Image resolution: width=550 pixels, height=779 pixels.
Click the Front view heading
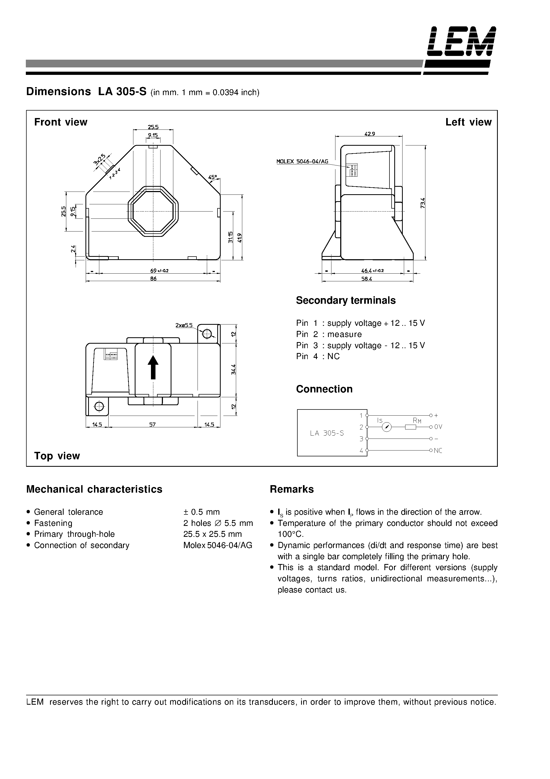pos(61,122)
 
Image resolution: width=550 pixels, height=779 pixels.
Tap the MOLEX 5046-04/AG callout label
pos(302,162)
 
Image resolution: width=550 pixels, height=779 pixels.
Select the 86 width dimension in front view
pos(153,279)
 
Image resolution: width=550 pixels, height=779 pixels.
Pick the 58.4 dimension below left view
pos(367,279)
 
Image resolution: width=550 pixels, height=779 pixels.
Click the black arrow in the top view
pos(153,367)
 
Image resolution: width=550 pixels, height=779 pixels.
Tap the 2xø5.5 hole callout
pos(184,325)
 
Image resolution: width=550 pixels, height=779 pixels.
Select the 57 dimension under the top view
pos(153,424)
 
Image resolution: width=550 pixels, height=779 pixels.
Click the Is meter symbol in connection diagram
pos(387,427)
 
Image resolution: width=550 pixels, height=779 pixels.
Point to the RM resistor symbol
pos(411,427)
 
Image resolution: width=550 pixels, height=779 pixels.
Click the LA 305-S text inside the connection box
pos(327,433)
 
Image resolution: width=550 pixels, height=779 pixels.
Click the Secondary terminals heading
pos(346,300)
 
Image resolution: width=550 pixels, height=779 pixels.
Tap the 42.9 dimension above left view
pos(370,134)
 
